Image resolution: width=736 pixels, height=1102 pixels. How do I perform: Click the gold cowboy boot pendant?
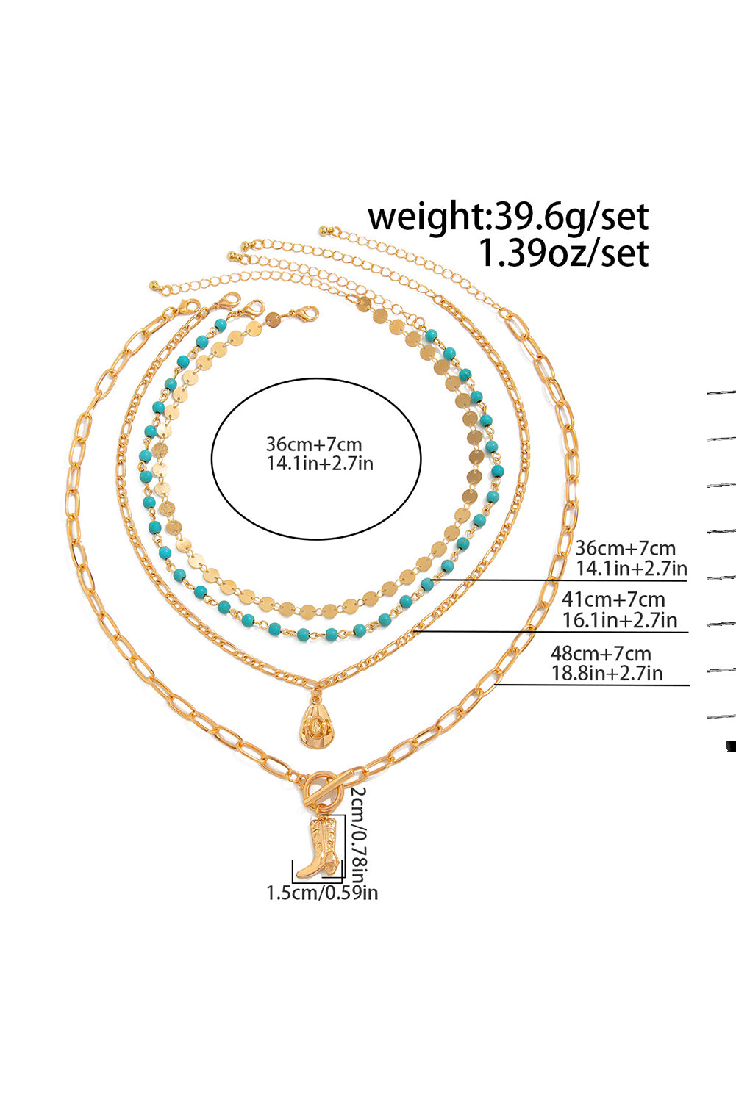[321, 849]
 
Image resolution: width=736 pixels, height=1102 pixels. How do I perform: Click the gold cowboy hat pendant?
[315, 724]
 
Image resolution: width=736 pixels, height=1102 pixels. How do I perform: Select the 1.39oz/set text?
[563, 253]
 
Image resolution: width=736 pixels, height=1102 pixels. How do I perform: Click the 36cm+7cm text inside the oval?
[314, 444]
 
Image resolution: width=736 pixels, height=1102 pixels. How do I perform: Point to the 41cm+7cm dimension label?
[613, 599]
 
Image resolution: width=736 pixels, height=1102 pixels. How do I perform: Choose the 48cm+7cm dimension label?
[601, 653]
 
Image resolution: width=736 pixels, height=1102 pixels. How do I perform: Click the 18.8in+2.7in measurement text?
[607, 673]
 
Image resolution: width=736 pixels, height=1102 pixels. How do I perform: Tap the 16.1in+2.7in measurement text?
[619, 620]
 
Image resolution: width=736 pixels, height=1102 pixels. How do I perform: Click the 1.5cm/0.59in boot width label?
[322, 893]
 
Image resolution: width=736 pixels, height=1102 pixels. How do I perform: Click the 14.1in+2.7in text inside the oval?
[319, 464]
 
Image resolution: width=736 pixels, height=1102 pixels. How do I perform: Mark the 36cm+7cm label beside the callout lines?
[625, 548]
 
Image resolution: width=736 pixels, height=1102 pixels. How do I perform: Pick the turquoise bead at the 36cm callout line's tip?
[427, 584]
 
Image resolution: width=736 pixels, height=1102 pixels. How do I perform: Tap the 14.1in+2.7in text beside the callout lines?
[631, 568]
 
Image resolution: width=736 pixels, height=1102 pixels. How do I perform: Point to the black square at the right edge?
[730, 746]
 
